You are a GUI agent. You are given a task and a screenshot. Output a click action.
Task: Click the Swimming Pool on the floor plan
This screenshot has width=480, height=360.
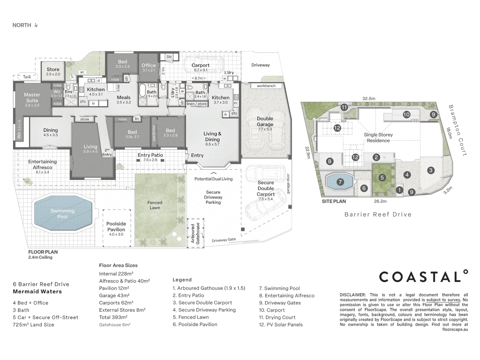click(63, 214)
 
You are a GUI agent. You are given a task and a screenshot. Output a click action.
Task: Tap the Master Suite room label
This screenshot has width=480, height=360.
click(32, 98)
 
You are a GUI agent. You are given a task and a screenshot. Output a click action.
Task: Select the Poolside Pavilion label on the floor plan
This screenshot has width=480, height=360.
click(116, 227)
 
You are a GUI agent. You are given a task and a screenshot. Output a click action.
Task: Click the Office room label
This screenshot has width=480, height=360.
click(148, 65)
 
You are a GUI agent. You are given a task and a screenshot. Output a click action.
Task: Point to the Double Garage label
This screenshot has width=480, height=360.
click(265, 121)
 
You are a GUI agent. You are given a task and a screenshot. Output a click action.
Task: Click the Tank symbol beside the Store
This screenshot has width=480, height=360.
click(27, 77)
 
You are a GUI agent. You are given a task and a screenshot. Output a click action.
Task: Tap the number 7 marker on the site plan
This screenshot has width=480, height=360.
click(340, 182)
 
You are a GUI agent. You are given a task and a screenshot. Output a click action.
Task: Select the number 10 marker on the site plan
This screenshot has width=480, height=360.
click(406, 114)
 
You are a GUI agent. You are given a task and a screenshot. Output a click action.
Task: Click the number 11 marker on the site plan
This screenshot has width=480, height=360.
click(344, 107)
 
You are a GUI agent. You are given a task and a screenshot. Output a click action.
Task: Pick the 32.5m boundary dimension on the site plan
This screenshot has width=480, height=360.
click(369, 98)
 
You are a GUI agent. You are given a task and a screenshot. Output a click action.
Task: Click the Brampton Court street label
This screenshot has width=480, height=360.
click(458, 130)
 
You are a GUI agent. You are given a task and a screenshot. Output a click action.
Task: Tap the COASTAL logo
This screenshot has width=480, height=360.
click(423, 277)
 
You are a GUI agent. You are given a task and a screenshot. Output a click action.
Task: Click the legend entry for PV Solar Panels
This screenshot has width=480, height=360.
click(281, 325)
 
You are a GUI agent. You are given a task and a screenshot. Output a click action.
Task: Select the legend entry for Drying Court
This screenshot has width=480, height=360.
click(277, 317)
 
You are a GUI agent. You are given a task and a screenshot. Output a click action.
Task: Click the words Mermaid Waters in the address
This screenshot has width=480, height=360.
click(37, 292)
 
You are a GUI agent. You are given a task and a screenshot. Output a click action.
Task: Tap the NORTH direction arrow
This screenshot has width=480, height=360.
click(36, 25)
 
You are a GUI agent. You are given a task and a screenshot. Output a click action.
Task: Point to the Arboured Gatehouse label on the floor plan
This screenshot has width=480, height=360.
click(195, 233)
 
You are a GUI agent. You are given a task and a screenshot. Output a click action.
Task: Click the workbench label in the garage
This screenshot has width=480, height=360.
click(266, 86)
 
